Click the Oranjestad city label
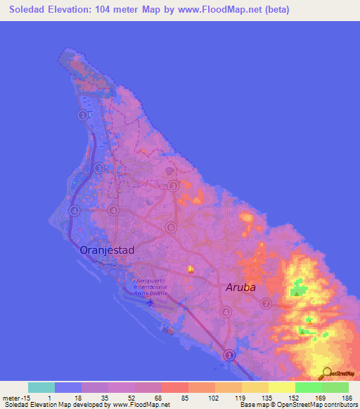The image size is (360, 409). tap(107, 249)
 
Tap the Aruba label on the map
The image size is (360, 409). tap(240, 287)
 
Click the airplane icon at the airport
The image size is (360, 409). tap(150, 303)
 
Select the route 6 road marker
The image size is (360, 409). tap(171, 227)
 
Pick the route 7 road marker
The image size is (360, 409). tap(266, 304)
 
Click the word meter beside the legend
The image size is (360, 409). tap(11, 396)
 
